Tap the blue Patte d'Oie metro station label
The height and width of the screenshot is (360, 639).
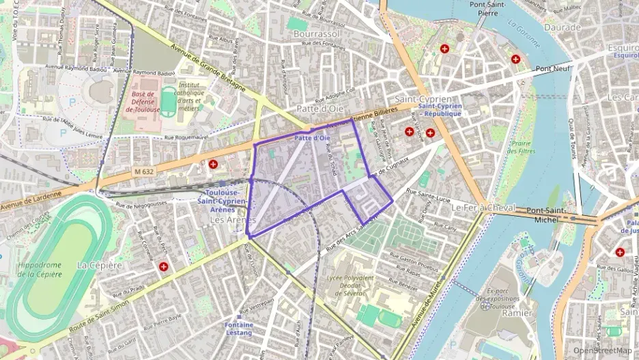(312, 139)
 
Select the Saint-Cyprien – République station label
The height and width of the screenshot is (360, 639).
(440, 109)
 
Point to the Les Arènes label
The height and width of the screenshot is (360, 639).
(232, 220)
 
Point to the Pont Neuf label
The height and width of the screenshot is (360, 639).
(553, 68)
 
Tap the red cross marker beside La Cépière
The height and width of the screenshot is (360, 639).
(164, 266)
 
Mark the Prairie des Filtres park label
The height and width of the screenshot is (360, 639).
(522, 148)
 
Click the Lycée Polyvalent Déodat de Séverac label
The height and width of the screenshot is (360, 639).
(351, 286)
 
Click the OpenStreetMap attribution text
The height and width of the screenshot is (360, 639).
(601, 350)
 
